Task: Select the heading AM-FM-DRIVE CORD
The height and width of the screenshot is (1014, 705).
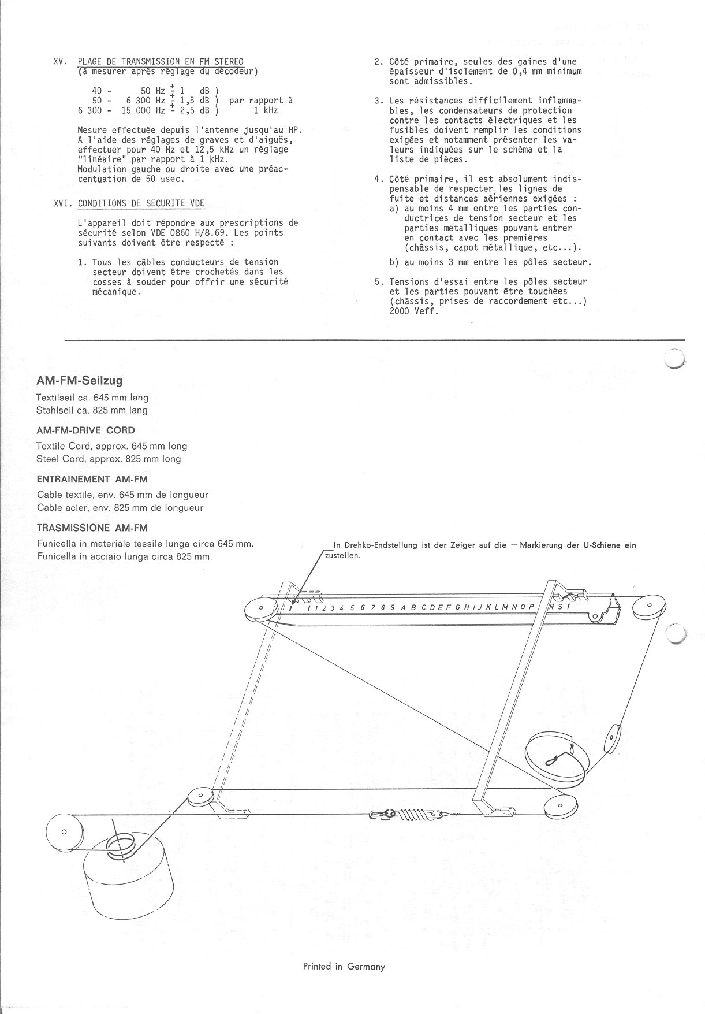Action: click(x=85, y=430)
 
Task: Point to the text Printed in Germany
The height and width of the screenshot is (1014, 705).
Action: click(x=344, y=966)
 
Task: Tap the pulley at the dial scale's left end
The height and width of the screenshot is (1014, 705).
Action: click(x=260, y=608)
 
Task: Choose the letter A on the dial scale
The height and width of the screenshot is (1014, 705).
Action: click(x=404, y=607)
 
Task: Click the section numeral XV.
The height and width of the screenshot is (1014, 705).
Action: click(x=61, y=62)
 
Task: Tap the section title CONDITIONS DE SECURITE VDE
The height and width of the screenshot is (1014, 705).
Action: click(x=141, y=203)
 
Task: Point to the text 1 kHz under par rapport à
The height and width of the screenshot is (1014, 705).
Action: click(x=265, y=110)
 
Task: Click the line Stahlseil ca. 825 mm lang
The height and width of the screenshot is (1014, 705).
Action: click(x=91, y=410)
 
